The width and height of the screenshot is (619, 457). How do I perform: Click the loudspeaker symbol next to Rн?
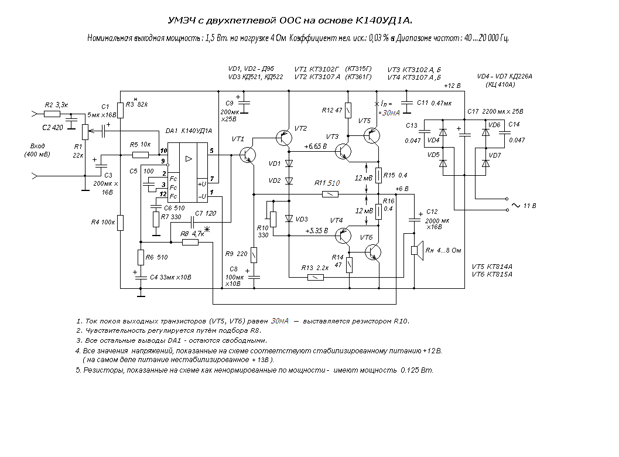416,250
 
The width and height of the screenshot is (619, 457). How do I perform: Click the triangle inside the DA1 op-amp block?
189,159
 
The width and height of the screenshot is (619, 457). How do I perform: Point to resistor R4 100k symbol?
121,223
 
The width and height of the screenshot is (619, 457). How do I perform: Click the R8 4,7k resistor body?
190,242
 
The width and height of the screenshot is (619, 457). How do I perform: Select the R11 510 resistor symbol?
330,194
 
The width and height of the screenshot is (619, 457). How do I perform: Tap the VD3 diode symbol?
289,219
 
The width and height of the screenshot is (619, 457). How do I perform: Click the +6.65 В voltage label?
316,146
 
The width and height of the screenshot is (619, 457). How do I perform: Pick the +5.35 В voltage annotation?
317,231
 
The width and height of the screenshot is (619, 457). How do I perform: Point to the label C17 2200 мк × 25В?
495,111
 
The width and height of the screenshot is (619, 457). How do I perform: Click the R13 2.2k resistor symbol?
316,277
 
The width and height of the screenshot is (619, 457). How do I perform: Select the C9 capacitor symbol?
244,103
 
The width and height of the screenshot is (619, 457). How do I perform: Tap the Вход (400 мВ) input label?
37,150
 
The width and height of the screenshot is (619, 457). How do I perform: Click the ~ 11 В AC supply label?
524,206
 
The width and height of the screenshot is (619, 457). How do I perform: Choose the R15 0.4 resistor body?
378,175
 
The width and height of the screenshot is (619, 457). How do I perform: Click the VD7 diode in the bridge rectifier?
485,163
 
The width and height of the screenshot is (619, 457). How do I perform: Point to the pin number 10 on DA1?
163,151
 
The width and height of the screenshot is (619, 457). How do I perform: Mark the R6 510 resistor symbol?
141,257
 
